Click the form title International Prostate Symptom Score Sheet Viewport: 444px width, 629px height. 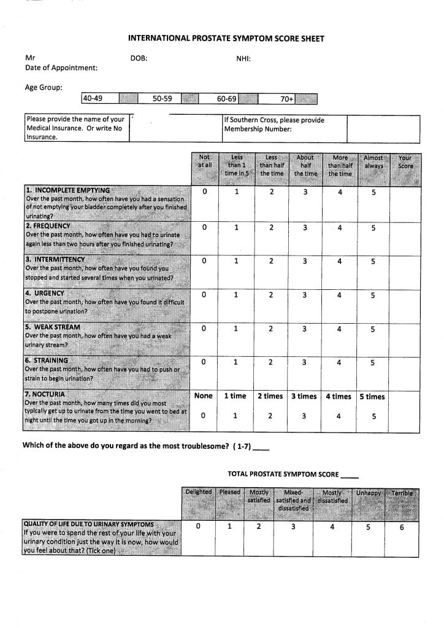point(225,38)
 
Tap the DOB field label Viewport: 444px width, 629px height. point(139,58)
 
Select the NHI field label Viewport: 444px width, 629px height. point(244,58)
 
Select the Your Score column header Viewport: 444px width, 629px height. point(406,162)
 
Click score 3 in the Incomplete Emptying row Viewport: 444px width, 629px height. point(304,193)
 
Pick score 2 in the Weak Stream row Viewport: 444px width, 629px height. point(270,329)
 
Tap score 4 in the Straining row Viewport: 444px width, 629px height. point(339,362)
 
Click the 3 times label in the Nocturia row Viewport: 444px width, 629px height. point(304,396)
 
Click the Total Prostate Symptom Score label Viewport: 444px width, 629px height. point(283,474)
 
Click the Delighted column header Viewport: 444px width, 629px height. point(198,492)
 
